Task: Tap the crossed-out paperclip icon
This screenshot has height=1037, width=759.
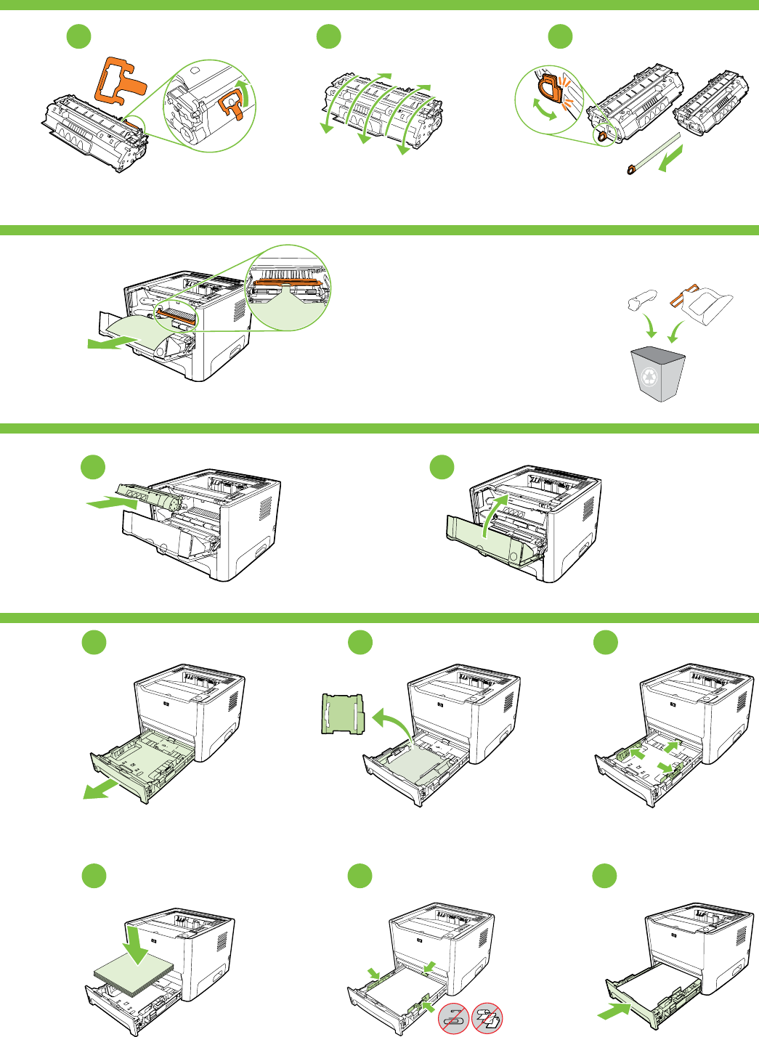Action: tap(454, 1018)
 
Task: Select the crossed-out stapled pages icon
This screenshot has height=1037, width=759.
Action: tap(487, 1018)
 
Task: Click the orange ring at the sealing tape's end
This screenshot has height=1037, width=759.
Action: tap(630, 170)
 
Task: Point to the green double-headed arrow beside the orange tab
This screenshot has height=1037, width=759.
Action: tap(544, 109)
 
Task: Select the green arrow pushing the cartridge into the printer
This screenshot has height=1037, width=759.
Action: tap(109, 502)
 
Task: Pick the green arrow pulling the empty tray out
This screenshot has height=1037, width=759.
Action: tap(101, 789)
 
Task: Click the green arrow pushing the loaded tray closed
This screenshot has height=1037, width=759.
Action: tap(614, 1010)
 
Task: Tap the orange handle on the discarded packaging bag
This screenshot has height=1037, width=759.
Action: tap(683, 294)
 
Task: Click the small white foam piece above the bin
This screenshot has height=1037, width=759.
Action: tap(641, 298)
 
